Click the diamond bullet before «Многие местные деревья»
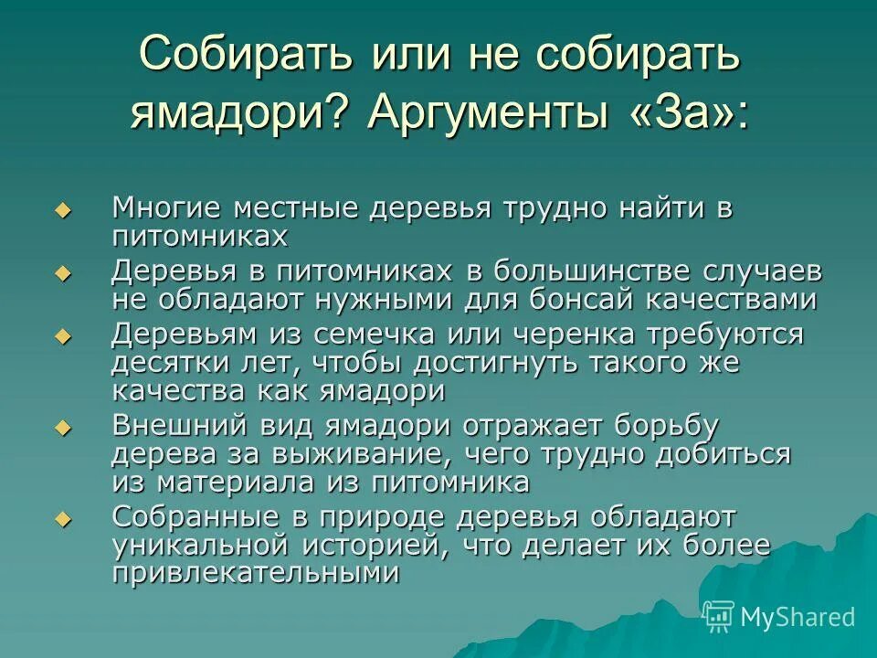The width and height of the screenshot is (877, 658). tap(62, 211)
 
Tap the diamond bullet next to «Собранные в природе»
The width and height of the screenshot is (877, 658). tap(62, 518)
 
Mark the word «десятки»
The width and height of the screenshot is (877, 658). tap(164, 362)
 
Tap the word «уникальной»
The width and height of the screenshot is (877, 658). tap(205, 545)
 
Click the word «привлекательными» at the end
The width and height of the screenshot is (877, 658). tap(256, 572)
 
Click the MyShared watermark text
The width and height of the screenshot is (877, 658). tap(797, 618)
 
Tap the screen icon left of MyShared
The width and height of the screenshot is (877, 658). tap(719, 617)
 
